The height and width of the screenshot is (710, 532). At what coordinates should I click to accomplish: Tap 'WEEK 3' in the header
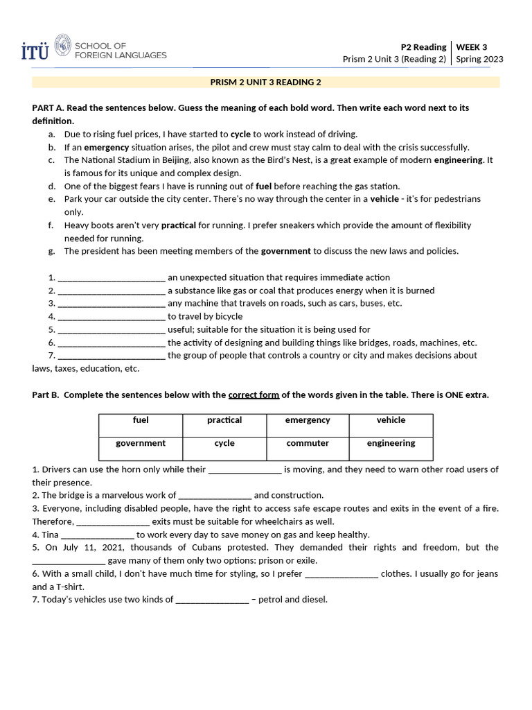tap(471, 47)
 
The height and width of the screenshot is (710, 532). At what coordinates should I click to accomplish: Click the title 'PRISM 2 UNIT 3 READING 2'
tap(266, 82)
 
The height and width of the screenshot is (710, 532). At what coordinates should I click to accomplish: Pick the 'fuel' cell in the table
tap(141, 420)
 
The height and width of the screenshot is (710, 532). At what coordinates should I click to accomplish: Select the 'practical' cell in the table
tap(224, 420)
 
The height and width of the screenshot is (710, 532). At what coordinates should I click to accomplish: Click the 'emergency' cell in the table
tap(308, 420)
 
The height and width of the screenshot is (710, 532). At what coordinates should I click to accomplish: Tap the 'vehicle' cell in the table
tap(391, 420)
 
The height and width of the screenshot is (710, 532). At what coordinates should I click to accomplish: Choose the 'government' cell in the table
tap(141, 443)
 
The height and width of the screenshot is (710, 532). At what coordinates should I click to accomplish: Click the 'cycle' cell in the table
tap(224, 443)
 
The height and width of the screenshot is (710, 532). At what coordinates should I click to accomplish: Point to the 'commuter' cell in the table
tap(308, 443)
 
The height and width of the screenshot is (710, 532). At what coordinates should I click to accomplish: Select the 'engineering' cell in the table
tap(391, 443)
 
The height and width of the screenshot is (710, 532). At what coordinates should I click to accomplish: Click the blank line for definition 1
tap(112, 278)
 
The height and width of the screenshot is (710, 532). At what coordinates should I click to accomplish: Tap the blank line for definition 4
tap(112, 317)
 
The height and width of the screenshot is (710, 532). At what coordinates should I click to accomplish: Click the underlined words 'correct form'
tap(254, 395)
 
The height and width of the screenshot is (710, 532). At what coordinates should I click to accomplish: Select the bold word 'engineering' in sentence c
tap(459, 160)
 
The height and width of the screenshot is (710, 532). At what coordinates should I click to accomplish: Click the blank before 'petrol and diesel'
tap(212, 600)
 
